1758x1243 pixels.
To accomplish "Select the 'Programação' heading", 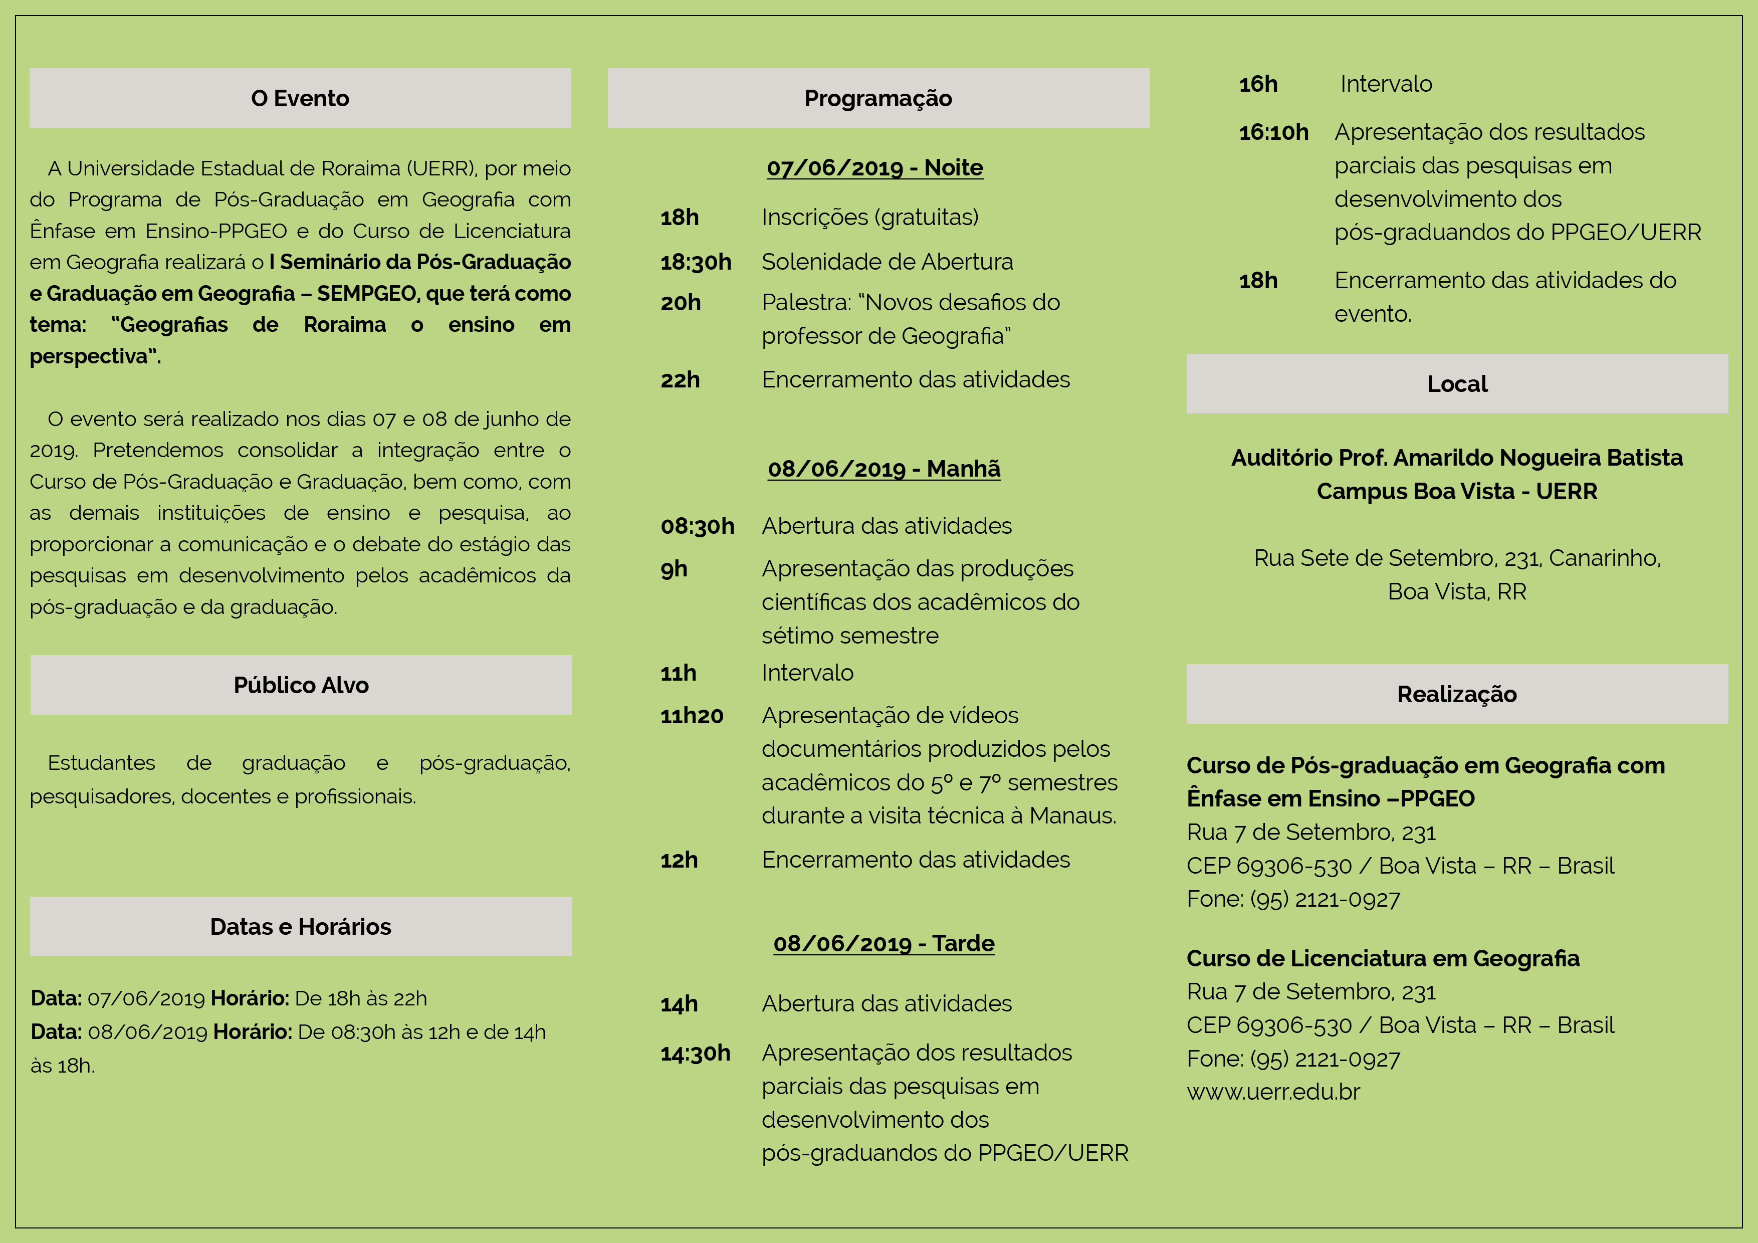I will tap(877, 98).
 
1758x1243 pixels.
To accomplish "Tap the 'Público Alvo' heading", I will tap(301, 685).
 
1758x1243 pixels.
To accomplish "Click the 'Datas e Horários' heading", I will tap(300, 927).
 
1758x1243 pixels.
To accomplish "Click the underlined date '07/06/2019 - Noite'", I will tap(874, 168).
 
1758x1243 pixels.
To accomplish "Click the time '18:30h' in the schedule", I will tap(695, 263).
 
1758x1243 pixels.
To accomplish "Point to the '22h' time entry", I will tap(680, 380).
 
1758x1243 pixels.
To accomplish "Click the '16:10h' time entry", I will tap(1273, 132).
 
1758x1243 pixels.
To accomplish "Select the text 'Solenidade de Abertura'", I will tap(887, 262).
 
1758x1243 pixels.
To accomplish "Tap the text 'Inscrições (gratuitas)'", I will tap(870, 218).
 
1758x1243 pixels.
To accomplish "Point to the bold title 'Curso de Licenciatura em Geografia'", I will tap(1382, 958).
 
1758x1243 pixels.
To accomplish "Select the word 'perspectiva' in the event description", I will tap(89, 356).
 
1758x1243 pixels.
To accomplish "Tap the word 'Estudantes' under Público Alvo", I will tap(101, 763).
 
